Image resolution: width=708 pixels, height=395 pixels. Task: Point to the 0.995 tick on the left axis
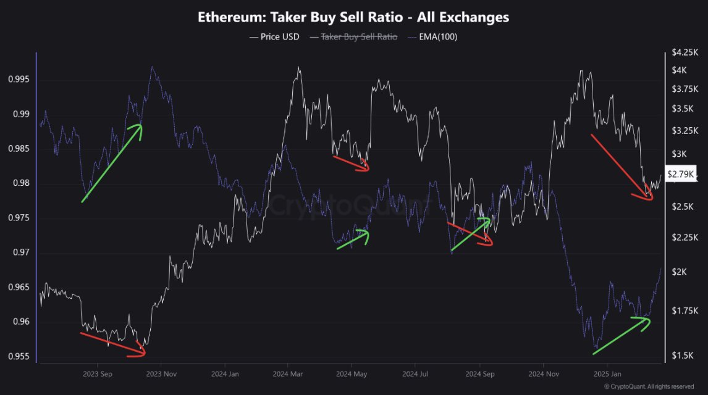point(18,80)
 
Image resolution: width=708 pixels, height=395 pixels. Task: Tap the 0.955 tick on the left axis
point(18,357)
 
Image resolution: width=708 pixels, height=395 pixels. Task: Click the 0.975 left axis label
point(18,218)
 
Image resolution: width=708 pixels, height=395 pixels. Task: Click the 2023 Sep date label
point(98,374)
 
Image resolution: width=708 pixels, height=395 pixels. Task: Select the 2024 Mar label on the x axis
point(289,374)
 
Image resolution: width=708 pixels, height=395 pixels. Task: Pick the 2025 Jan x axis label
point(607,374)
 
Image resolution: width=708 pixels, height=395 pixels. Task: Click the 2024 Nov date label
point(544,374)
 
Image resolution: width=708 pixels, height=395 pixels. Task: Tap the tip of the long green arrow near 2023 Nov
point(141,126)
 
